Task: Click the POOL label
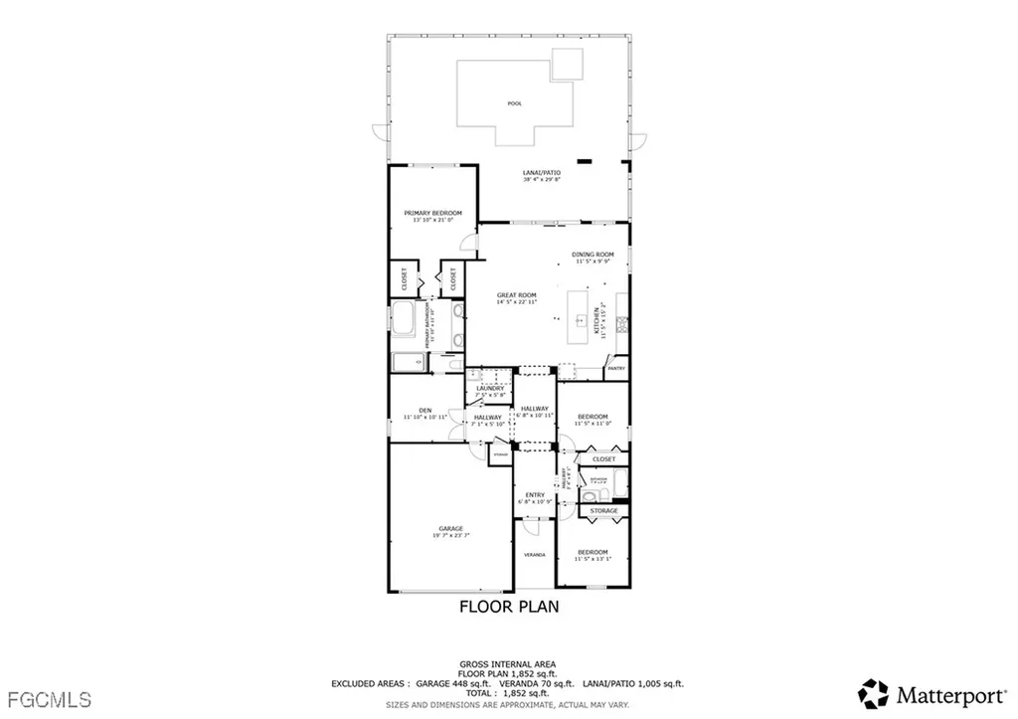coord(514,103)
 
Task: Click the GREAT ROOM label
coord(517,296)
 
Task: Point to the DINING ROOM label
coord(593,256)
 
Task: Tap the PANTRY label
coord(615,369)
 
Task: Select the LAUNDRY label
coord(490,389)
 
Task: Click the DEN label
coord(424,411)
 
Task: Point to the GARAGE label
coord(451,529)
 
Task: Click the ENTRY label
coord(535,495)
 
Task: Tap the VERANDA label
coord(535,555)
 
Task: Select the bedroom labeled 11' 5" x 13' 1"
coord(593,553)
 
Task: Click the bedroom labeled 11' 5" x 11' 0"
coord(593,418)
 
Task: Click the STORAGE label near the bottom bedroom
coord(603,511)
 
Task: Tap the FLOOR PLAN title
coord(508,606)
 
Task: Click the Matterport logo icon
coord(874,693)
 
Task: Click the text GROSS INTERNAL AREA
coord(508,663)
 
